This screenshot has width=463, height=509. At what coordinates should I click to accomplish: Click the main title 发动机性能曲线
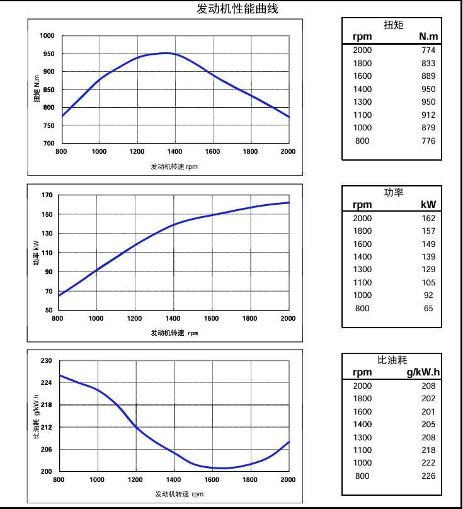(x=237, y=9)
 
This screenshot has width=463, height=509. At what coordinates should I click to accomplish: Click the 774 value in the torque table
(x=428, y=50)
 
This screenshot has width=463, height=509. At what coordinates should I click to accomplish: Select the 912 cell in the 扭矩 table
(x=428, y=115)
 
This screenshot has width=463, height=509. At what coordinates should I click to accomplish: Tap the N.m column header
(x=428, y=37)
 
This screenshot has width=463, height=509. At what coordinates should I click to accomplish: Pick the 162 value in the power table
(x=428, y=219)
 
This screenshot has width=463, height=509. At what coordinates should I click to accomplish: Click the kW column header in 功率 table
(x=428, y=205)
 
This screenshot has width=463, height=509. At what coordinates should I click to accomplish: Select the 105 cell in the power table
(x=428, y=283)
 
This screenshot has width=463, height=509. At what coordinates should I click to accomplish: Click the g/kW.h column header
(x=423, y=372)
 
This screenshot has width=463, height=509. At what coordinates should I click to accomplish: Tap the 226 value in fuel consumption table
(x=428, y=476)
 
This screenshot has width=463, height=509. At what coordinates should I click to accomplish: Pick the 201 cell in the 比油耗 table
(x=428, y=412)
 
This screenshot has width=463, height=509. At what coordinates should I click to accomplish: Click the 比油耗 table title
(x=392, y=360)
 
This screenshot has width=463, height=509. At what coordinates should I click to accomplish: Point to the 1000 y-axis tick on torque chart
(x=47, y=36)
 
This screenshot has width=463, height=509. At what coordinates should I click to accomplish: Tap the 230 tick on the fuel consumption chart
(x=47, y=361)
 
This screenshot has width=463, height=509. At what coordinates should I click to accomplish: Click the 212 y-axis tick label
(x=47, y=428)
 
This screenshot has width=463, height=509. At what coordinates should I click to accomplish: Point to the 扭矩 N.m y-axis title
(x=37, y=89)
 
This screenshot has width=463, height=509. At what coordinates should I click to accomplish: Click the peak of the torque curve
(x=165, y=53)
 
